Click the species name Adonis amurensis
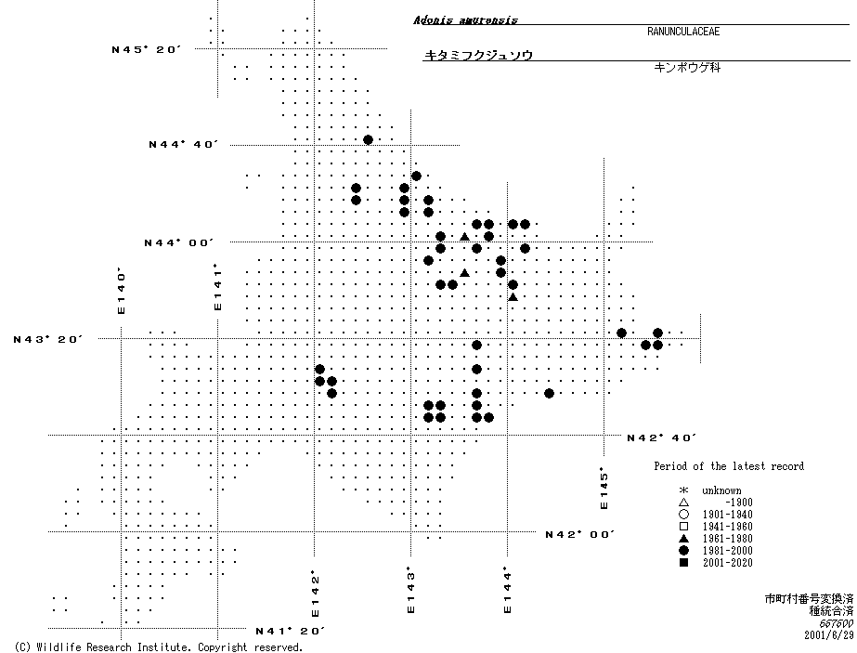(x=465, y=20)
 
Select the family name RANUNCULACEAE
(x=683, y=32)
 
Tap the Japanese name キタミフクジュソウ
(x=478, y=56)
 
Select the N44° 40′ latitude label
(x=183, y=144)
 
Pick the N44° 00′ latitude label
(x=179, y=242)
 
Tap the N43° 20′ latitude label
(x=48, y=339)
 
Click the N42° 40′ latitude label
(x=661, y=437)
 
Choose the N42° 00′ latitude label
(x=579, y=534)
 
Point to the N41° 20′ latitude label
(x=290, y=631)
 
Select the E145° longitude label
(x=603, y=489)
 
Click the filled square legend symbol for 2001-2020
(x=683, y=563)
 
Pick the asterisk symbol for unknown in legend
(x=683, y=490)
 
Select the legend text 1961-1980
(x=728, y=539)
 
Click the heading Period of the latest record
(x=729, y=466)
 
